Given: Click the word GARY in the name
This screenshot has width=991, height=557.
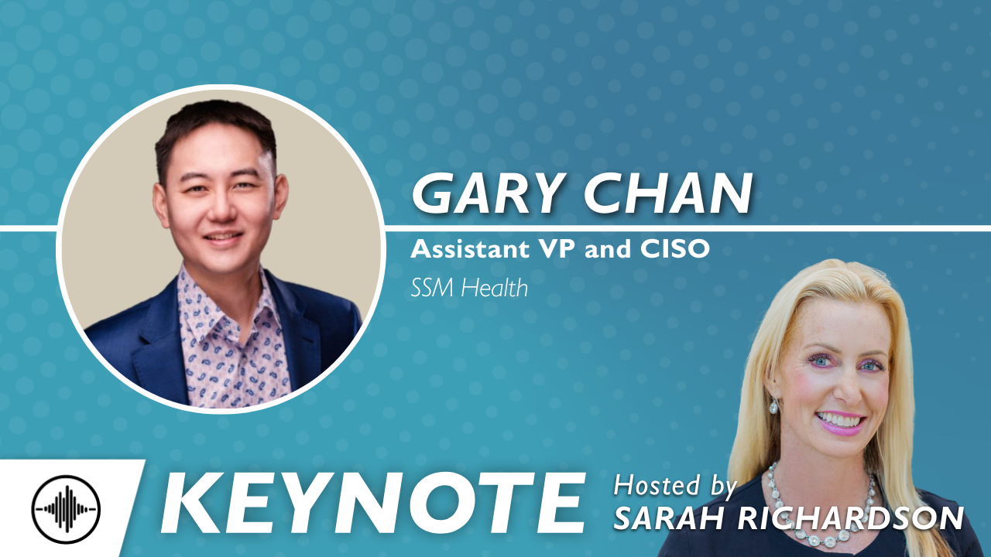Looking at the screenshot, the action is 488,193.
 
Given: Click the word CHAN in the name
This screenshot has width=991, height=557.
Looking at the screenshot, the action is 668,193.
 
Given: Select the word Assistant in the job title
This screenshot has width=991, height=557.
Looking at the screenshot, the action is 470,249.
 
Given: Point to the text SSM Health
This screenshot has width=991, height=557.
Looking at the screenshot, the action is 469,289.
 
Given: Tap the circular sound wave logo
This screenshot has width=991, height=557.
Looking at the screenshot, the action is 66,509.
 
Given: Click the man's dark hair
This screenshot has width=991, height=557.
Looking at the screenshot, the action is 216,126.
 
